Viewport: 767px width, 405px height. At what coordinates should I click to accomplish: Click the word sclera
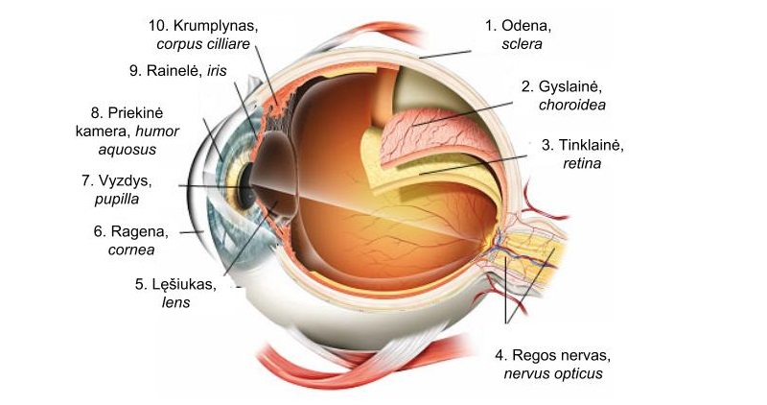point(522,44)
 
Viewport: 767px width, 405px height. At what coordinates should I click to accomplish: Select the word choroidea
point(571,105)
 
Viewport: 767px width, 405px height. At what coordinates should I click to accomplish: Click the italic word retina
point(582,163)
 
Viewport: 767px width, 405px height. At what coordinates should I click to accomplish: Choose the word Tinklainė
point(591,145)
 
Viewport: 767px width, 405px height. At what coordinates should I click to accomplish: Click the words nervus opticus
point(553,374)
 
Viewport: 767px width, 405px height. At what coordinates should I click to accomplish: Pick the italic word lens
point(175,302)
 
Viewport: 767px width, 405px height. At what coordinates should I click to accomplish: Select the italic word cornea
point(131,250)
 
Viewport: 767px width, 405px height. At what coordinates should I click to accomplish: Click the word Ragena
point(139,231)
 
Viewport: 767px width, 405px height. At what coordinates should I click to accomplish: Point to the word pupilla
point(116,200)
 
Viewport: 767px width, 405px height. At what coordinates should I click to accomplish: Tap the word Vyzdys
point(125,181)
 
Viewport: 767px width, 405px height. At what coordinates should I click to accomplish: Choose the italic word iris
point(217,70)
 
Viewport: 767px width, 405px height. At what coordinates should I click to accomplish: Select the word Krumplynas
point(215,26)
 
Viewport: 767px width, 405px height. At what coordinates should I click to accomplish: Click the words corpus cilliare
point(203,44)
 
